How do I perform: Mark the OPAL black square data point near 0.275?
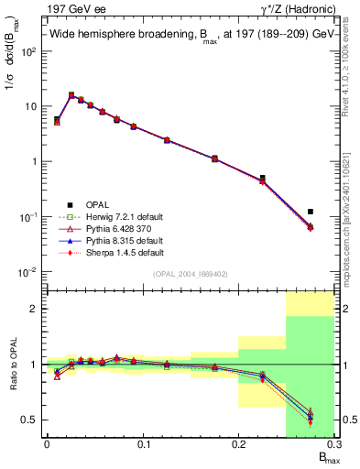pyautogui.click(x=311, y=212)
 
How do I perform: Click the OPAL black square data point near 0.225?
pyautogui.click(x=262, y=179)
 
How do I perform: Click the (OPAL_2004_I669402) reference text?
pyautogui.click(x=191, y=273)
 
